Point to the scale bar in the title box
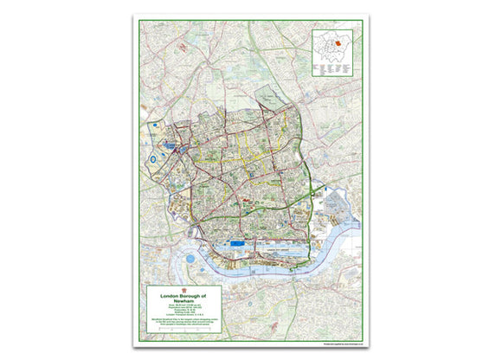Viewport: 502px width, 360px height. [185, 313]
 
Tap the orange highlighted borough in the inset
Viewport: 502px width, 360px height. [338, 42]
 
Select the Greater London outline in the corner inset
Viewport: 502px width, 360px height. [333, 46]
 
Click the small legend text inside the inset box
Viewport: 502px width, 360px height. [328, 65]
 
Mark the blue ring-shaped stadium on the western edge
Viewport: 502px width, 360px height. [153, 159]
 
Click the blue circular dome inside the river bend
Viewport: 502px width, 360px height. [189, 259]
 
